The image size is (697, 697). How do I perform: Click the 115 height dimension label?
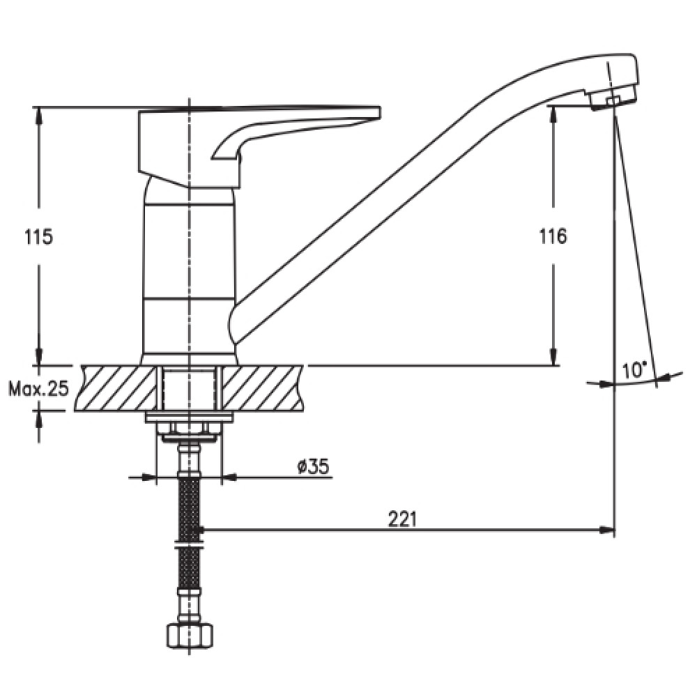click(x=38, y=236)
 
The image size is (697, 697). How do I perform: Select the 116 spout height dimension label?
click(x=553, y=236)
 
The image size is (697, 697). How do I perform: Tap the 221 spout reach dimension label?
click(x=403, y=519)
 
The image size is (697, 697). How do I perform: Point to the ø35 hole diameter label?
click(x=313, y=467)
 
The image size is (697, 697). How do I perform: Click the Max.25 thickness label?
click(x=39, y=389)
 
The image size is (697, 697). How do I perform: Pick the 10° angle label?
click(x=634, y=370)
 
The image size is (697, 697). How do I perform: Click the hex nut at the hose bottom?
click(x=190, y=636)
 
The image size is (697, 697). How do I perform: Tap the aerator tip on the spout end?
click(x=613, y=100)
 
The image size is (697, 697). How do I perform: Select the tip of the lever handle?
click(x=378, y=112)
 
